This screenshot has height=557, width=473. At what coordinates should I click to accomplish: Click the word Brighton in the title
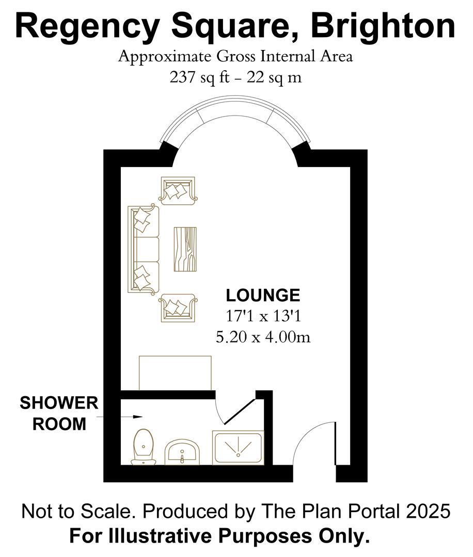coord(383,27)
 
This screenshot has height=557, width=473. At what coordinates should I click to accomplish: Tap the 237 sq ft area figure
coord(199,77)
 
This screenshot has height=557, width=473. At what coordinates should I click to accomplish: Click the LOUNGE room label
coord(263,296)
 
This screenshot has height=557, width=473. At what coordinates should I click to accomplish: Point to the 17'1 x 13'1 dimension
coord(263,316)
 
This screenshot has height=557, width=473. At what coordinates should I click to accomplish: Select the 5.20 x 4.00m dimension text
coord(263,337)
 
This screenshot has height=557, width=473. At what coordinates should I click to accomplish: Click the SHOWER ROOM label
coord(59,413)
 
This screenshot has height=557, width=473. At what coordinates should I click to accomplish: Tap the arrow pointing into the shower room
coord(119,417)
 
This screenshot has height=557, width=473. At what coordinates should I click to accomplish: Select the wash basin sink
coord(182,452)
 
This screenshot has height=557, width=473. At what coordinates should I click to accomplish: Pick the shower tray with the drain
coord(238,448)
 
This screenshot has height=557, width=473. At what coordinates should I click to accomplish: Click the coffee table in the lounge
coord(185,249)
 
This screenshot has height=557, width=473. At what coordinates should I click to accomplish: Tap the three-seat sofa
coord(144,250)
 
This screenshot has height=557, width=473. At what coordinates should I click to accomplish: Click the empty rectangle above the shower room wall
coord(175,373)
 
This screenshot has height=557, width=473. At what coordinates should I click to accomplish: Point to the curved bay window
coord(235,106)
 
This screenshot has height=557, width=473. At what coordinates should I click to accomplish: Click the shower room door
coord(239,412)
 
